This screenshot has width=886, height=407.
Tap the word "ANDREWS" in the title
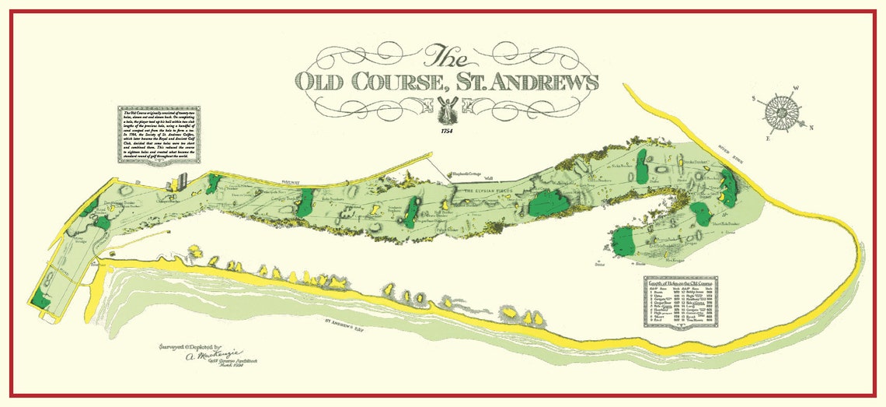click(x=547, y=82)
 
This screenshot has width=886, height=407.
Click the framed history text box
click(x=160, y=134)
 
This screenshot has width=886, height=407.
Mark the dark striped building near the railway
click(x=182, y=181)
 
